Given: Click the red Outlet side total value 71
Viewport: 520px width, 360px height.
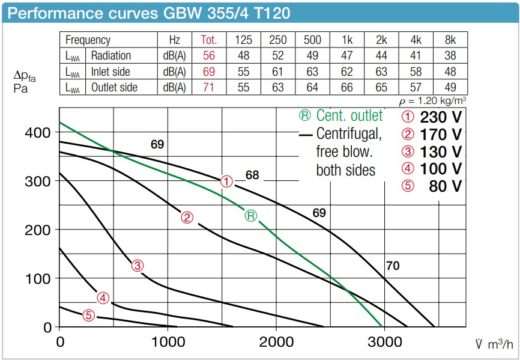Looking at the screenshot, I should click(208, 87).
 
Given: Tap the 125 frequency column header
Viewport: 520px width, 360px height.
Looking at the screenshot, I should click(243, 40).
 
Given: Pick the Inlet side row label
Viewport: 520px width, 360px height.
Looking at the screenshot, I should click(110, 72).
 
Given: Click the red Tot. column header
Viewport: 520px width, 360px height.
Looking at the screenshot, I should click(208, 40).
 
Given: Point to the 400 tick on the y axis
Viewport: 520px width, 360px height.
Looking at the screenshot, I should click(38, 132).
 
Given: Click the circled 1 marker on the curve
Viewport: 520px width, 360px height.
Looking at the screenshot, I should click(226, 180).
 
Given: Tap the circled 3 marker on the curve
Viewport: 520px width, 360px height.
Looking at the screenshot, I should click(138, 265).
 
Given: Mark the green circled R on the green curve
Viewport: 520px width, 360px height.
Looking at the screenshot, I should click(250, 216).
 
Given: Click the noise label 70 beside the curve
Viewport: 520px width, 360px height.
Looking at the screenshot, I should click(392, 265).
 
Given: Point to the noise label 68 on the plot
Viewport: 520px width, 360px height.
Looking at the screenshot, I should click(252, 175).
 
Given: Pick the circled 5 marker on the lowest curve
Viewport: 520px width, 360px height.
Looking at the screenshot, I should click(88, 314).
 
